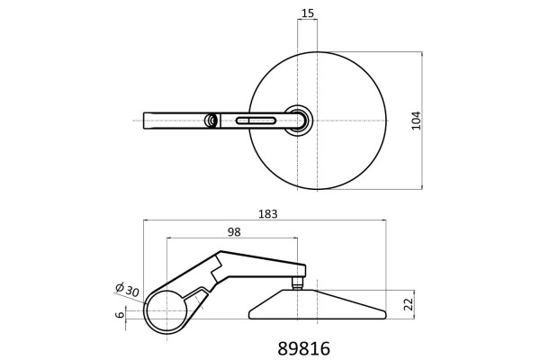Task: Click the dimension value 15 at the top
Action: tap(308, 13)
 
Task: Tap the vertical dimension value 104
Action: tap(417, 121)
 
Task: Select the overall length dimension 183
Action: tap(268, 214)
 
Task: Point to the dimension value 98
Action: tap(234, 232)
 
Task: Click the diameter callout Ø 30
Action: tap(127, 290)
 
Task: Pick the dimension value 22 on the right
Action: tap(408, 304)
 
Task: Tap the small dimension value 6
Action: tap(121, 314)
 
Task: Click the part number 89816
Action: tap(304, 348)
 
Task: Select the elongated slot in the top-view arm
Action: tap(256, 121)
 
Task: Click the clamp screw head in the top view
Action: tap(211, 121)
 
